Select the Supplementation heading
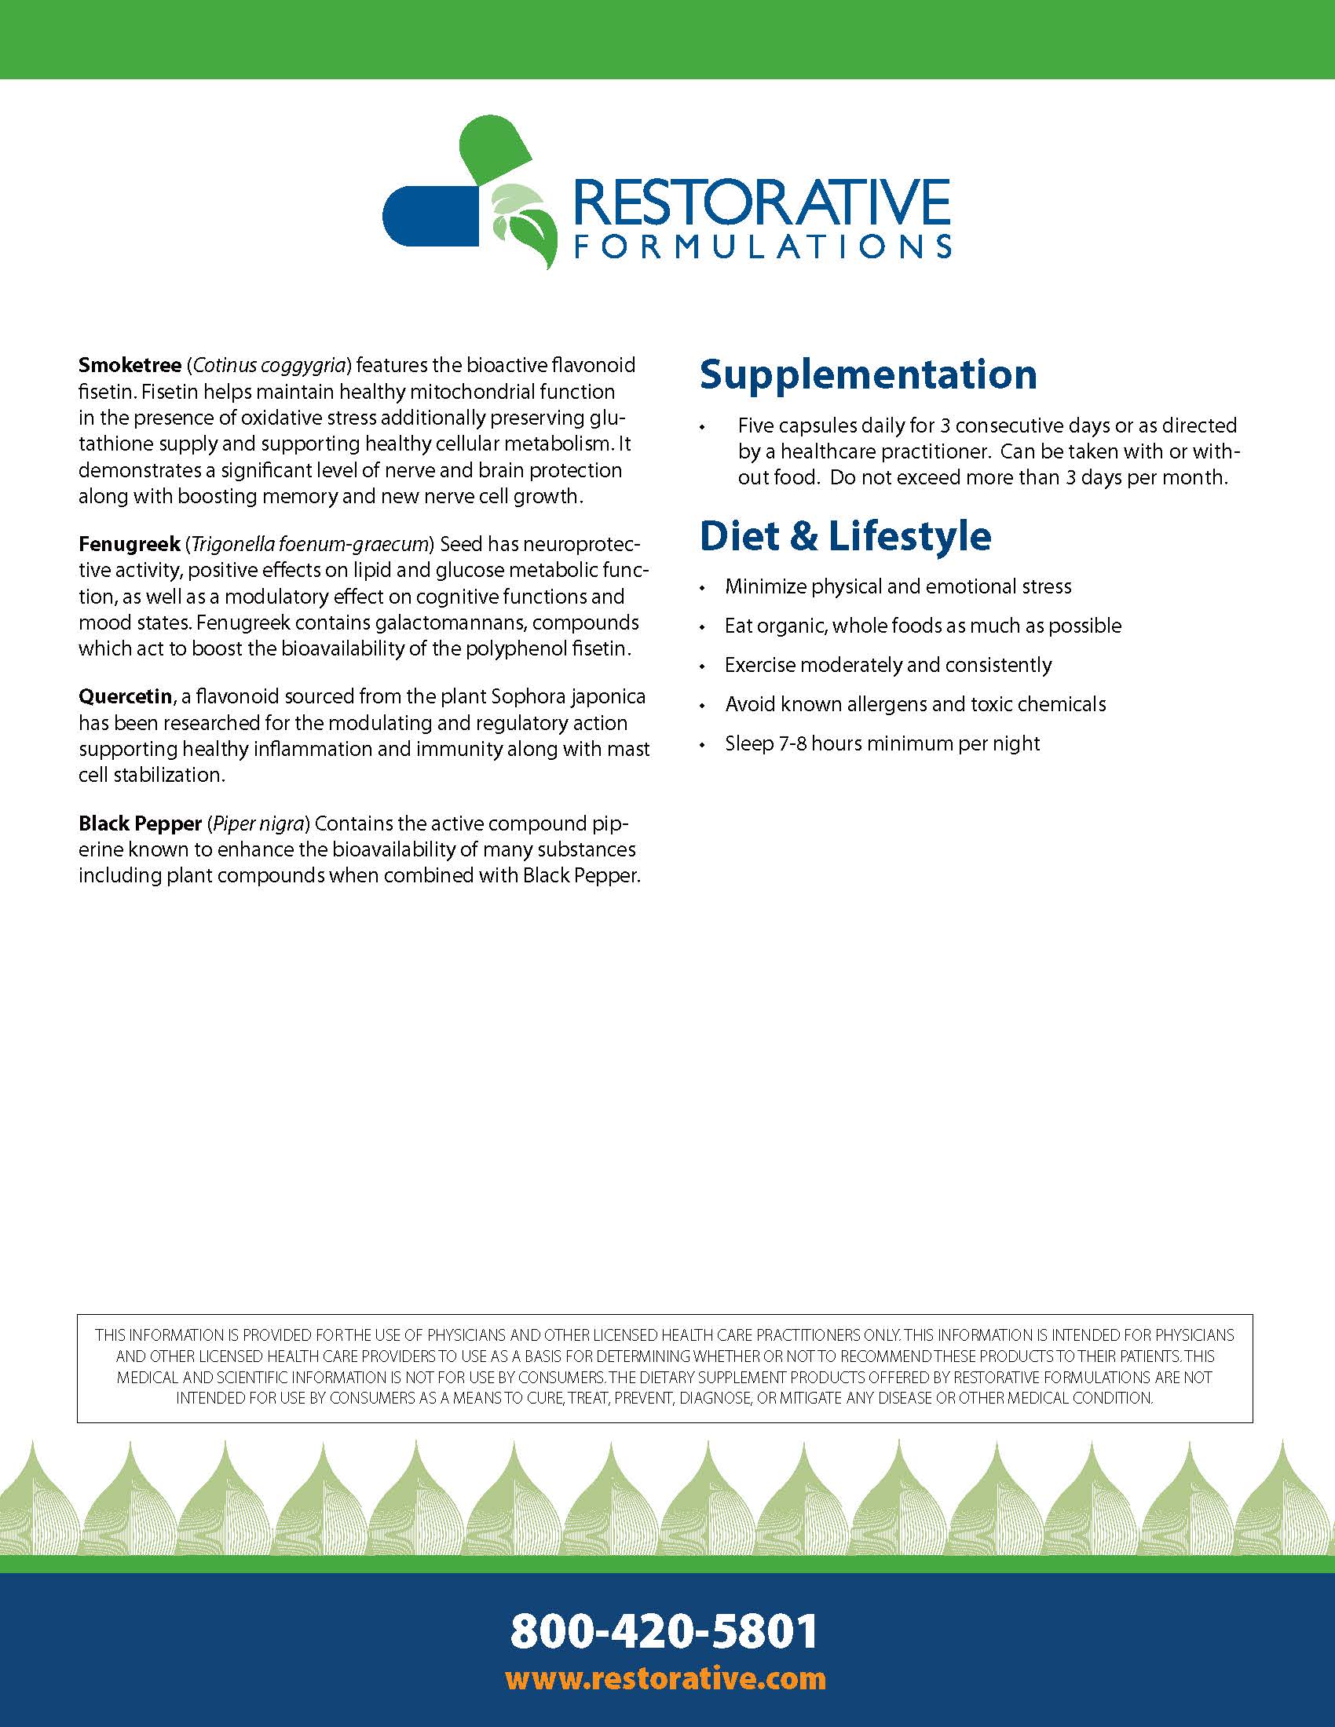[868, 374]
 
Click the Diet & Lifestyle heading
[845, 536]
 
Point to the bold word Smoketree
[129, 365]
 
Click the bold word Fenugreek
[129, 544]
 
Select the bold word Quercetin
[125, 696]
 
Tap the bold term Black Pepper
[140, 824]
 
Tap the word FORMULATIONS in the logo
[763, 246]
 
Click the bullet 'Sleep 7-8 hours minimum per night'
[882, 743]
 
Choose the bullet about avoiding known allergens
[915, 704]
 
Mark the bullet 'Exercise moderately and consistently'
[888, 665]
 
